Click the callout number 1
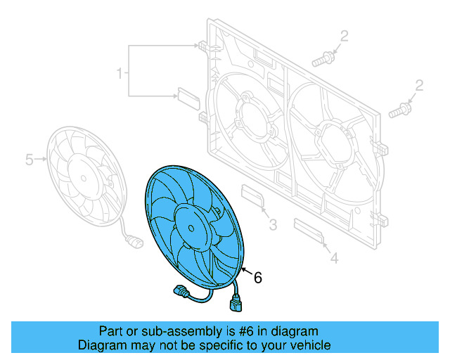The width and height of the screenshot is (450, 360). (x=120, y=72)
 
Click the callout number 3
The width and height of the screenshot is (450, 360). (x=273, y=225)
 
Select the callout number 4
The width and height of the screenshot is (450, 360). (x=334, y=259)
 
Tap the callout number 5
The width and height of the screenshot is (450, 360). (x=30, y=160)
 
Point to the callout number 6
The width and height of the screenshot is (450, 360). (x=257, y=278)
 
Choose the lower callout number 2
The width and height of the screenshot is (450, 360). (x=419, y=86)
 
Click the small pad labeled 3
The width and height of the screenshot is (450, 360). (x=252, y=196)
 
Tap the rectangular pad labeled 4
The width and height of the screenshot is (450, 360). (x=307, y=230)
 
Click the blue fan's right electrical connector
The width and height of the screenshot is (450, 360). (x=236, y=305)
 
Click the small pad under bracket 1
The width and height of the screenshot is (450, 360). (x=187, y=95)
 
